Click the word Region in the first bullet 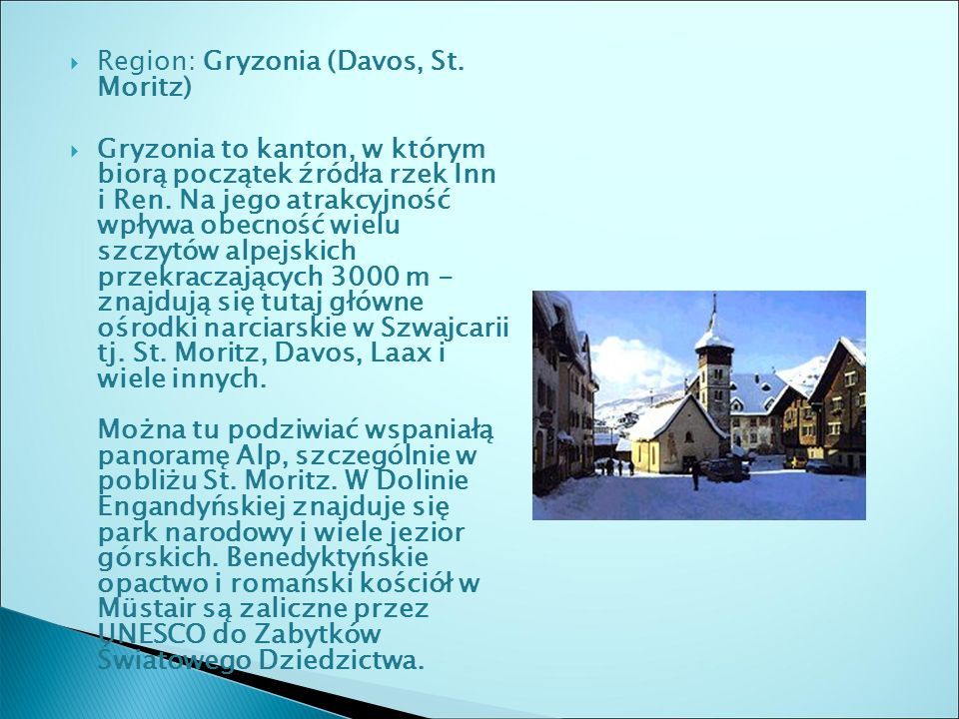coord(146,61)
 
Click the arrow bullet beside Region coord(75,63)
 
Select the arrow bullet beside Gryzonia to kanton coord(75,151)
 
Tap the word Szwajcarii coord(445,329)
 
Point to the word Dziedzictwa coord(342,660)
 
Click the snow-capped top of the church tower coord(713,338)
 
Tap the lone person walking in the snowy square coord(695,475)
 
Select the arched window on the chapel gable coord(688,436)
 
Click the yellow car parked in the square coord(796,461)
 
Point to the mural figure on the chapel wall coord(671,447)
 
